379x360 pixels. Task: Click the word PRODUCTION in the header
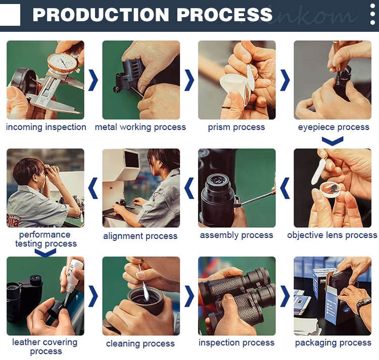click(101, 15)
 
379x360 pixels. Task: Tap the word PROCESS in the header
click(224, 15)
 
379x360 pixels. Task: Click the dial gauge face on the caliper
click(62, 63)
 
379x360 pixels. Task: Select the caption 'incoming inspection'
click(46, 127)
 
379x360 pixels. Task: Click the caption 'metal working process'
click(140, 127)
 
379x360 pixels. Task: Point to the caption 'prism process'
click(236, 127)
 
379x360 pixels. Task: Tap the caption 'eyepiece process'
click(334, 127)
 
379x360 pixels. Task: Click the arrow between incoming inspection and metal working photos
click(93, 80)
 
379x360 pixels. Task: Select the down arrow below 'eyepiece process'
click(333, 141)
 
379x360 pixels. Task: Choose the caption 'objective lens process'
click(332, 235)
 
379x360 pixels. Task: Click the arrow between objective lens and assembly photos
click(285, 188)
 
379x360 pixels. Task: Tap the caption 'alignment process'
click(140, 236)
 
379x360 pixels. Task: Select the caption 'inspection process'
click(236, 343)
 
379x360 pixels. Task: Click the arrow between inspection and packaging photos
click(285, 296)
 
